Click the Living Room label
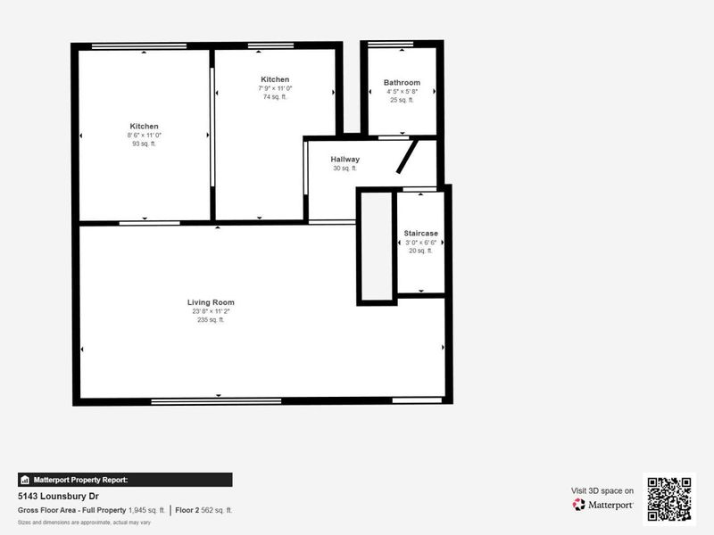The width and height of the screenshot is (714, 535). point(211,302)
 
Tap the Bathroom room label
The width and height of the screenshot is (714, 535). point(402,83)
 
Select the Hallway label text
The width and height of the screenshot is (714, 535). point(345,160)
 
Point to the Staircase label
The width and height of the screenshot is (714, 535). point(420,233)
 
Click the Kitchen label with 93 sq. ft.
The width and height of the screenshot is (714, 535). point(144,127)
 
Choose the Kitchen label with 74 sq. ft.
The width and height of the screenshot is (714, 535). point(275,79)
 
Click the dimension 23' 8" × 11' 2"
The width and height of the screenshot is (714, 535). point(211,311)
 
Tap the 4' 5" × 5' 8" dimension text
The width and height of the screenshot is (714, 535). point(402,92)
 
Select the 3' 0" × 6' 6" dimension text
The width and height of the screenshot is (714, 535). point(420,243)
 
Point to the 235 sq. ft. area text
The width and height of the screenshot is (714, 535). point(211,320)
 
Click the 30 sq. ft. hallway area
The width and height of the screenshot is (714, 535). point(345,169)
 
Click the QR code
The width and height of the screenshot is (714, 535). point(668,498)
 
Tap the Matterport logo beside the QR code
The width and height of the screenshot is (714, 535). point(603,505)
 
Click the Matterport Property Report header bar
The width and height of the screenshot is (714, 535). point(125,480)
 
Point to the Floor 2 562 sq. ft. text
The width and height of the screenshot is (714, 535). point(203,510)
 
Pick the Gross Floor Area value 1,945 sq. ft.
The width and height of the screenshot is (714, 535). point(147,510)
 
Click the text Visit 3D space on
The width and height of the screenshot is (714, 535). point(602,490)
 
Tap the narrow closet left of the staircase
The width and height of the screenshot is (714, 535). point(377,246)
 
